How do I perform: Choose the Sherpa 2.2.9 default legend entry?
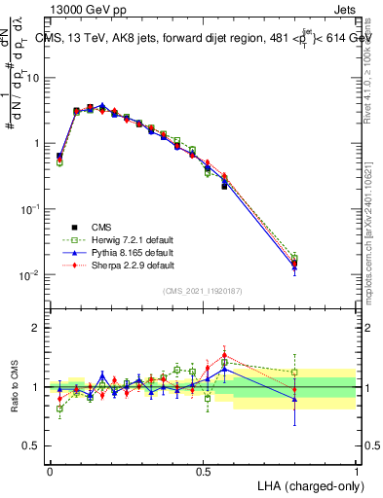point(117,264)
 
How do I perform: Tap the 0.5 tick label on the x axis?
point(203,470)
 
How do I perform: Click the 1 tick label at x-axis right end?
point(357,470)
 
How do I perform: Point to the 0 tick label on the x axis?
point(50,470)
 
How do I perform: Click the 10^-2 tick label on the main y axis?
point(30,275)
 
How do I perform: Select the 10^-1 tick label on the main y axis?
point(30,209)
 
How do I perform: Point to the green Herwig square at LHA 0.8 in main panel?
point(294,258)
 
